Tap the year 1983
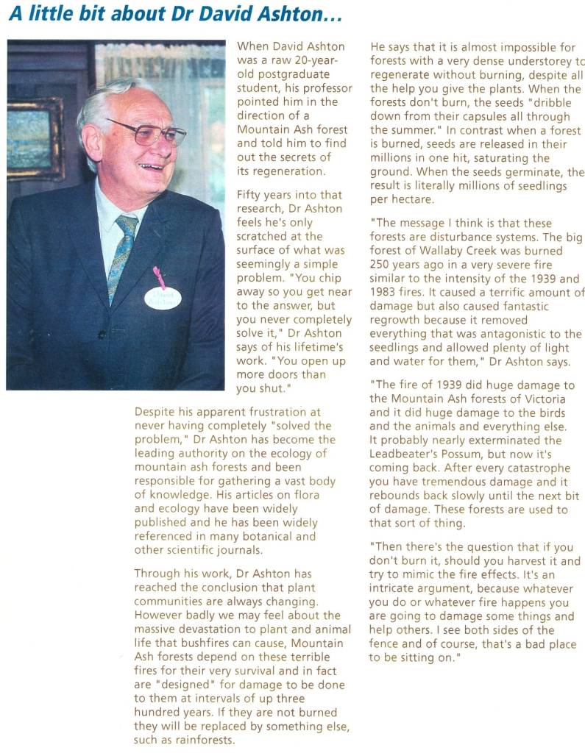point(386,293)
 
